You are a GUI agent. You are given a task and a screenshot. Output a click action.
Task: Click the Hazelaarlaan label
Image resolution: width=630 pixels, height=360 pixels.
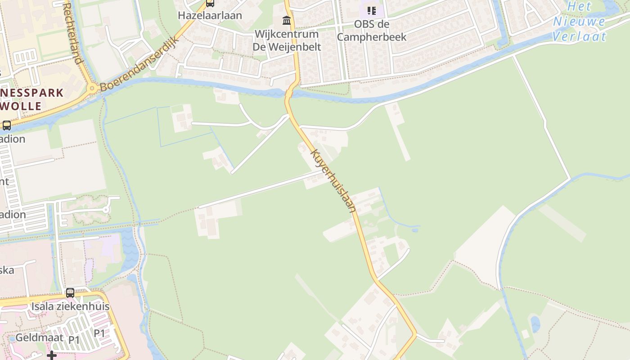coord(210,15)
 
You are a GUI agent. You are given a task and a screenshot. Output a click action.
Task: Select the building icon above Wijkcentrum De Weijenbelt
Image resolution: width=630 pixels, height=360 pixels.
coord(286,20)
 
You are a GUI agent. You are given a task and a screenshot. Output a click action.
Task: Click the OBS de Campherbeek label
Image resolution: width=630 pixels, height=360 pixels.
coord(371,31)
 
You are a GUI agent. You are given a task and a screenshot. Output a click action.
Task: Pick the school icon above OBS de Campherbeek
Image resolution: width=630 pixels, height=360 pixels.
coord(371,10)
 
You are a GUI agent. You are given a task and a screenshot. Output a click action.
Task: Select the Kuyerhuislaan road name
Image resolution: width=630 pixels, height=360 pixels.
coord(333,180)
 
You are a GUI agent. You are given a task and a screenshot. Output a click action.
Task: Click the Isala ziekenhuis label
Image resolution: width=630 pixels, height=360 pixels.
coord(70,306)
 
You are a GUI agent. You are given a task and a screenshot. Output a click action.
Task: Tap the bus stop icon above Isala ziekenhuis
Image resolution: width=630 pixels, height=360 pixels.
coord(70,293)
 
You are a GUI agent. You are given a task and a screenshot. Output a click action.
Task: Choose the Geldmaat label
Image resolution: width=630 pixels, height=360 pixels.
coord(39,337)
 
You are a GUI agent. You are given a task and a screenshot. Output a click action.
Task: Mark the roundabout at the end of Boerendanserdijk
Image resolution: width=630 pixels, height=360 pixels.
coord(93,88)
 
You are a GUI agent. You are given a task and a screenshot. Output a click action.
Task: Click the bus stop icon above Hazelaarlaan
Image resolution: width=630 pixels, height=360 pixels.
coord(210,3)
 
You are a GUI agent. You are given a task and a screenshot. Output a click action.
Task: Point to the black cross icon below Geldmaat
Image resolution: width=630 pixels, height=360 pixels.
coord(52,355)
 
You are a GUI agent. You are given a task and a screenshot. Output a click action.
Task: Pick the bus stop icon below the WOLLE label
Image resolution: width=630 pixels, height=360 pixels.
coord(7,126)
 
